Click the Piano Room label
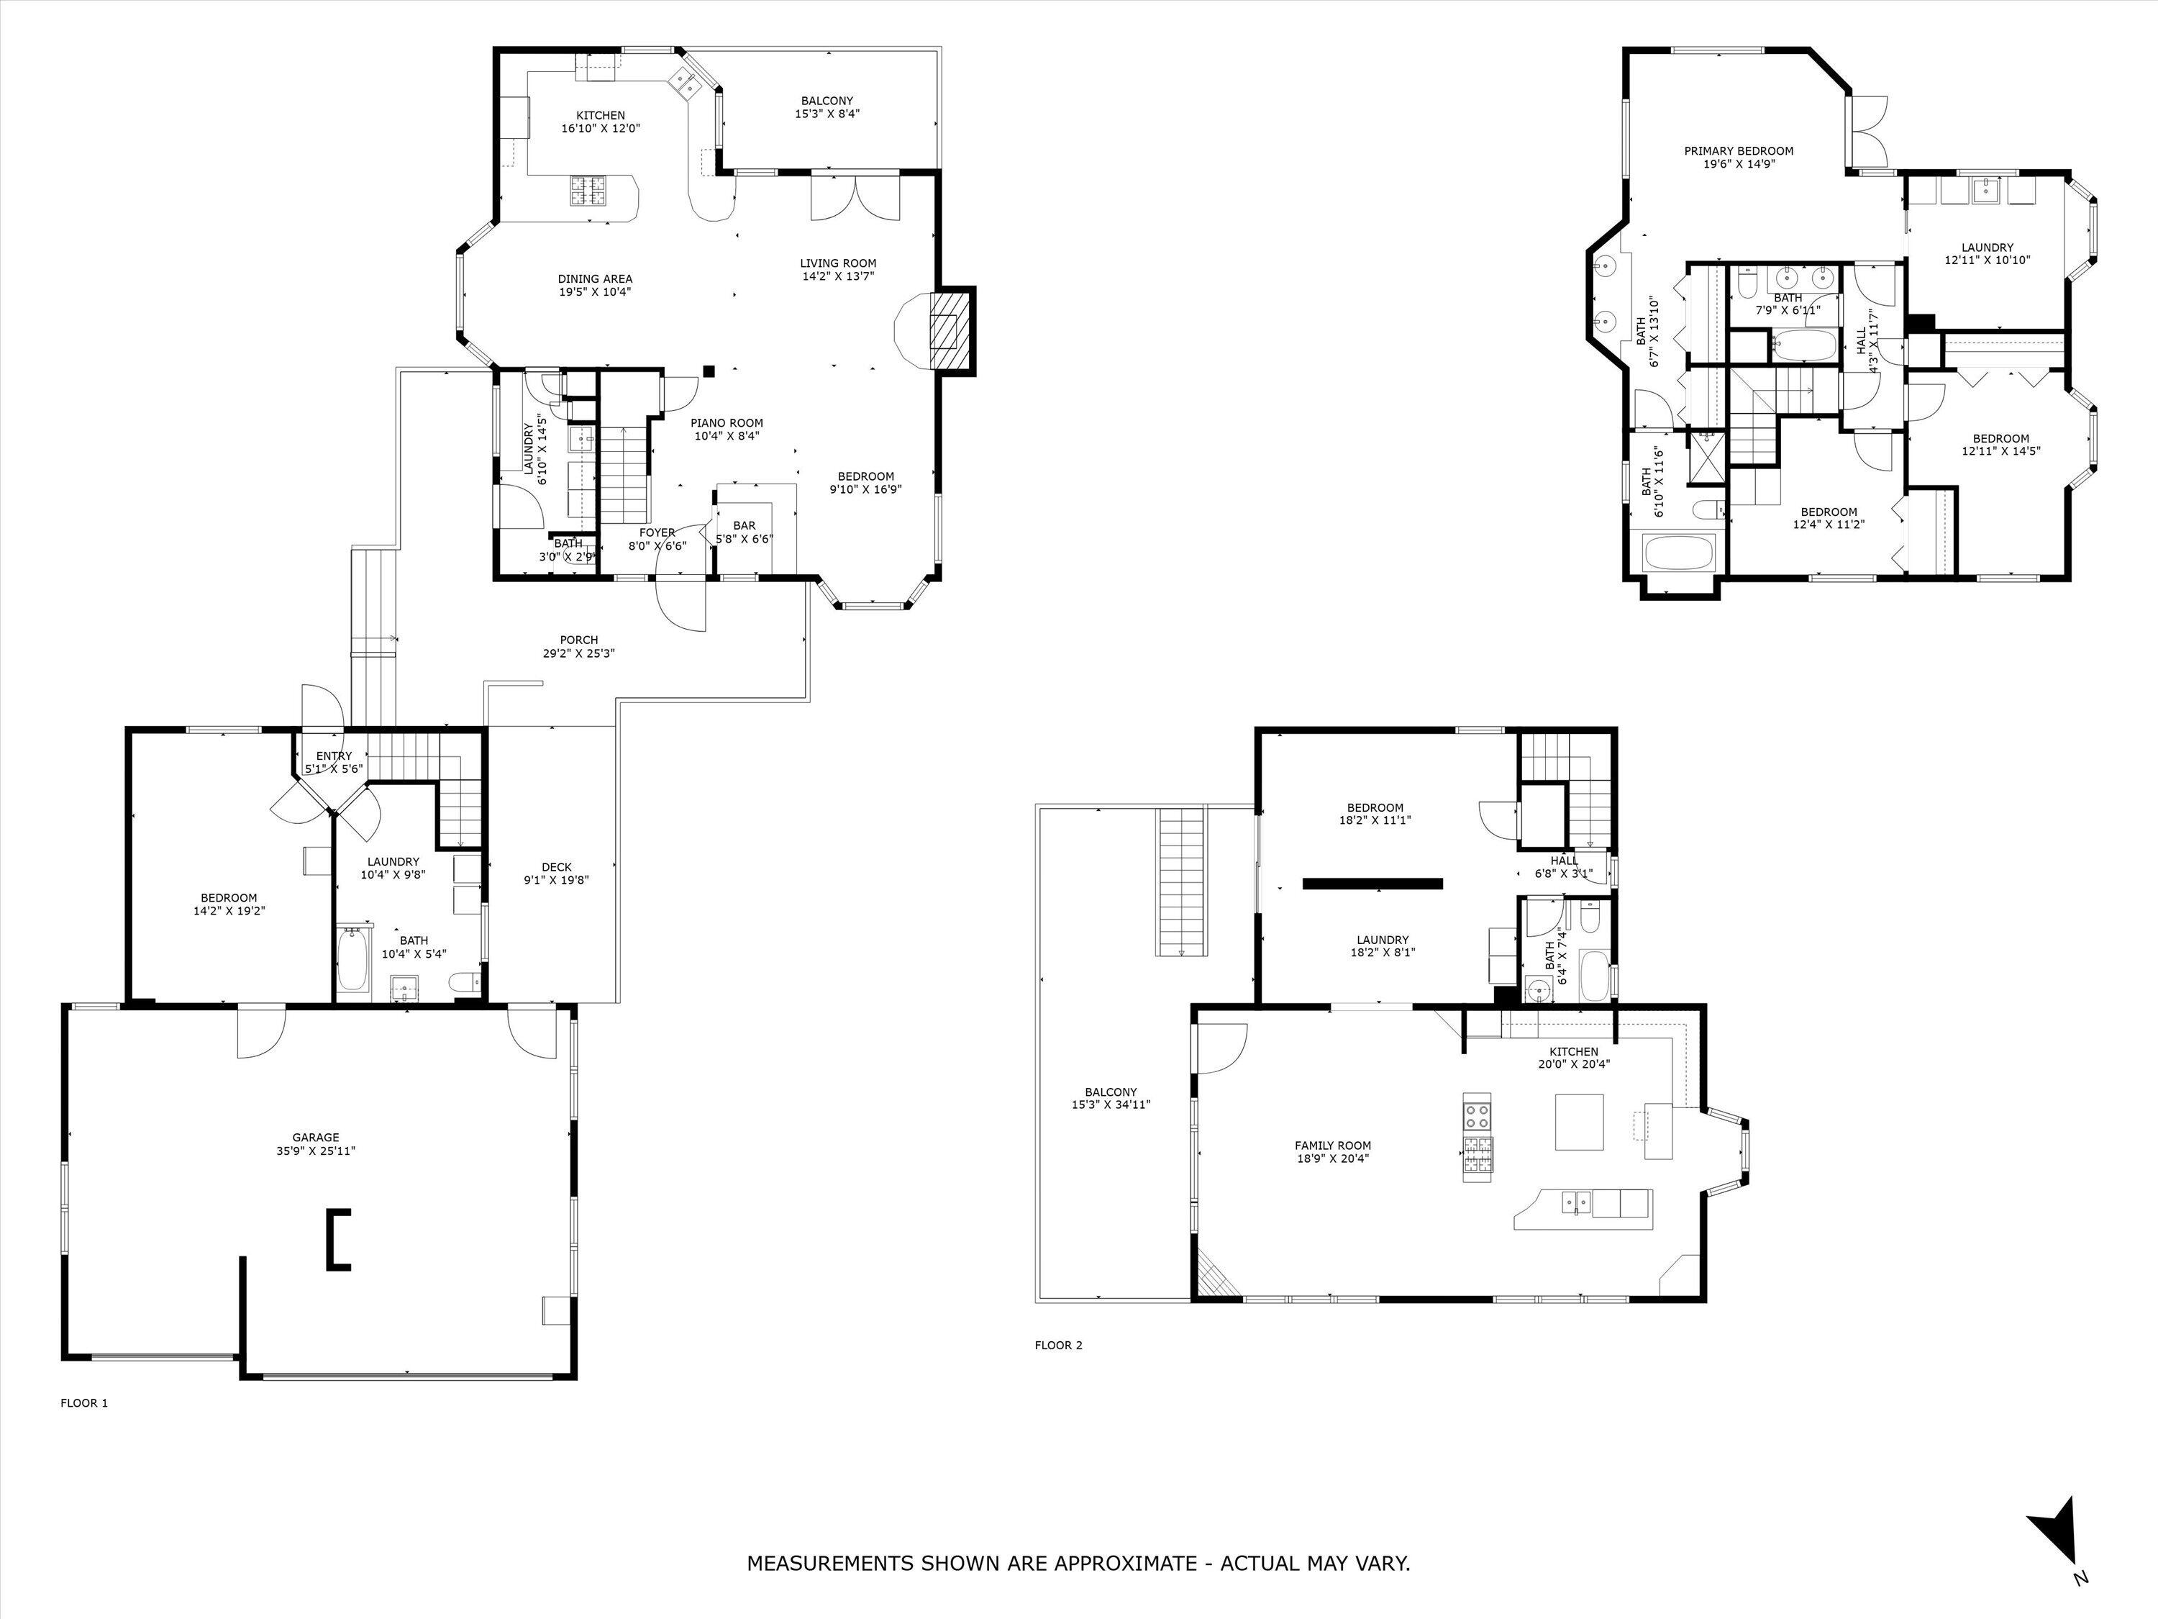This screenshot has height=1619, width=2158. (727, 422)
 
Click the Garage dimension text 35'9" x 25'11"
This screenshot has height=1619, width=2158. (315, 1151)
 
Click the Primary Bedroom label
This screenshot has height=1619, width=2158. (1739, 151)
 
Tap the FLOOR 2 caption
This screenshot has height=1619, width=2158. (1059, 1345)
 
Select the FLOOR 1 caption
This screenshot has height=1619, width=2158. (85, 1402)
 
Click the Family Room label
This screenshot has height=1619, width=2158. (1333, 1146)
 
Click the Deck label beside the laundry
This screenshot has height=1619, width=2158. (556, 866)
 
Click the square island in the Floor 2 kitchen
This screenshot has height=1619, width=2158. (1578, 1123)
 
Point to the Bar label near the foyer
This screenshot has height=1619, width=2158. (745, 525)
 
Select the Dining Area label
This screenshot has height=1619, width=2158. (595, 278)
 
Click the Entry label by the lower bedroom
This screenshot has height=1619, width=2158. (334, 756)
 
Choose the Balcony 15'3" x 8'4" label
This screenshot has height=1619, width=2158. (827, 101)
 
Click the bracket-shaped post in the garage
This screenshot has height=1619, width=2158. (337, 1238)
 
